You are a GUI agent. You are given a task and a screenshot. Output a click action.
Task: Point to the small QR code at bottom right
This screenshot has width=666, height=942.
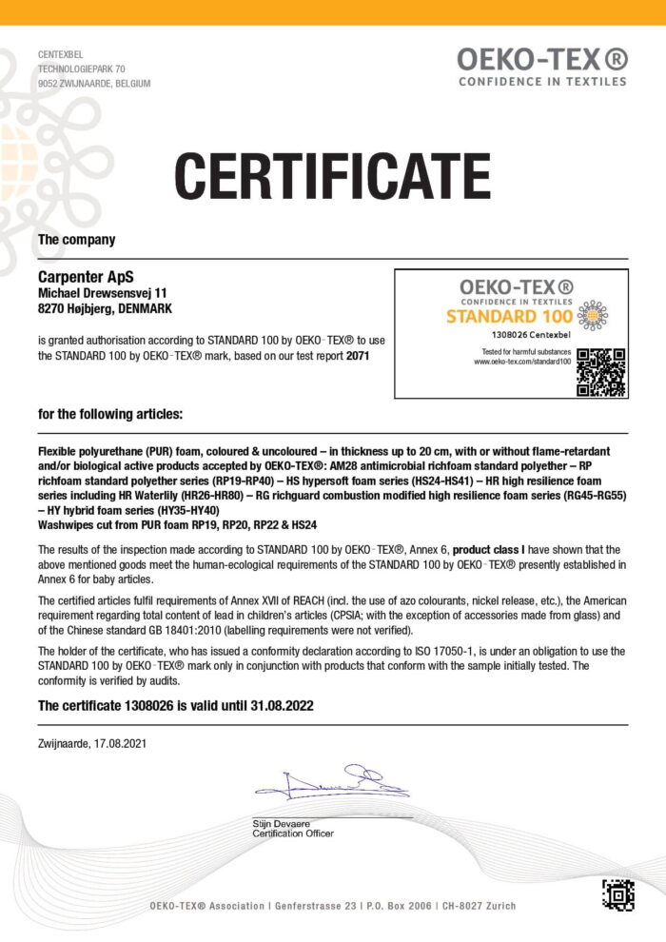618,894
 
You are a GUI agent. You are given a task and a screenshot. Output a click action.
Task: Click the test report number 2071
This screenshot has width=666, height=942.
357,356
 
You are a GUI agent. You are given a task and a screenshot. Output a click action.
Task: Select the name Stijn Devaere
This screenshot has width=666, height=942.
281,823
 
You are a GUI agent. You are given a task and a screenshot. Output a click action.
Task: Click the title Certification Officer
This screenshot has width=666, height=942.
293,834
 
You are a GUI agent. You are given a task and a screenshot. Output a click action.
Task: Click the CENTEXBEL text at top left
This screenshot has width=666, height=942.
61,55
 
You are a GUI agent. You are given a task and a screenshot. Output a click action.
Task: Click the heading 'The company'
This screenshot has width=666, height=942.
76,240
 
